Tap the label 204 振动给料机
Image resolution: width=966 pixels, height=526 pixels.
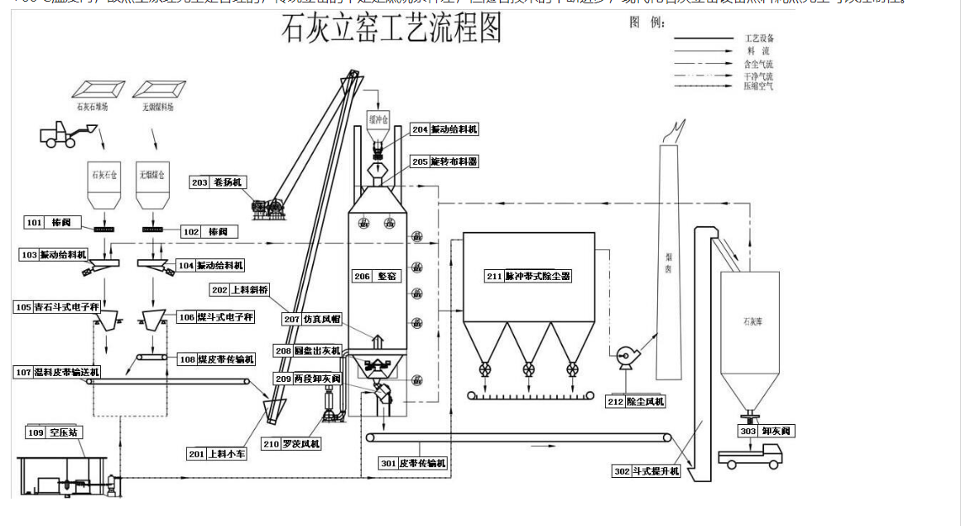tap(445, 129)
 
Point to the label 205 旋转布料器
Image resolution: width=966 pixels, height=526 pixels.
tap(445, 162)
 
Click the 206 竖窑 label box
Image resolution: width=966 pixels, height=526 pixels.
tap(376, 276)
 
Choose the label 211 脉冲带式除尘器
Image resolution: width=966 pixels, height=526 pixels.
tap(529, 276)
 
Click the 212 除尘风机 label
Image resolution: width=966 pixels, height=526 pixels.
tap(636, 402)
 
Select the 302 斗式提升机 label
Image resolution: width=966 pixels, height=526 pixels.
tap(646, 471)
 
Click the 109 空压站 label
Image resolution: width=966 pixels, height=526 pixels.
tap(55, 432)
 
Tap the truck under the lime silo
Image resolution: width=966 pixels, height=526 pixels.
tap(750, 455)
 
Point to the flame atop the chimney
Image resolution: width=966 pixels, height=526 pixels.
tap(677, 130)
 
